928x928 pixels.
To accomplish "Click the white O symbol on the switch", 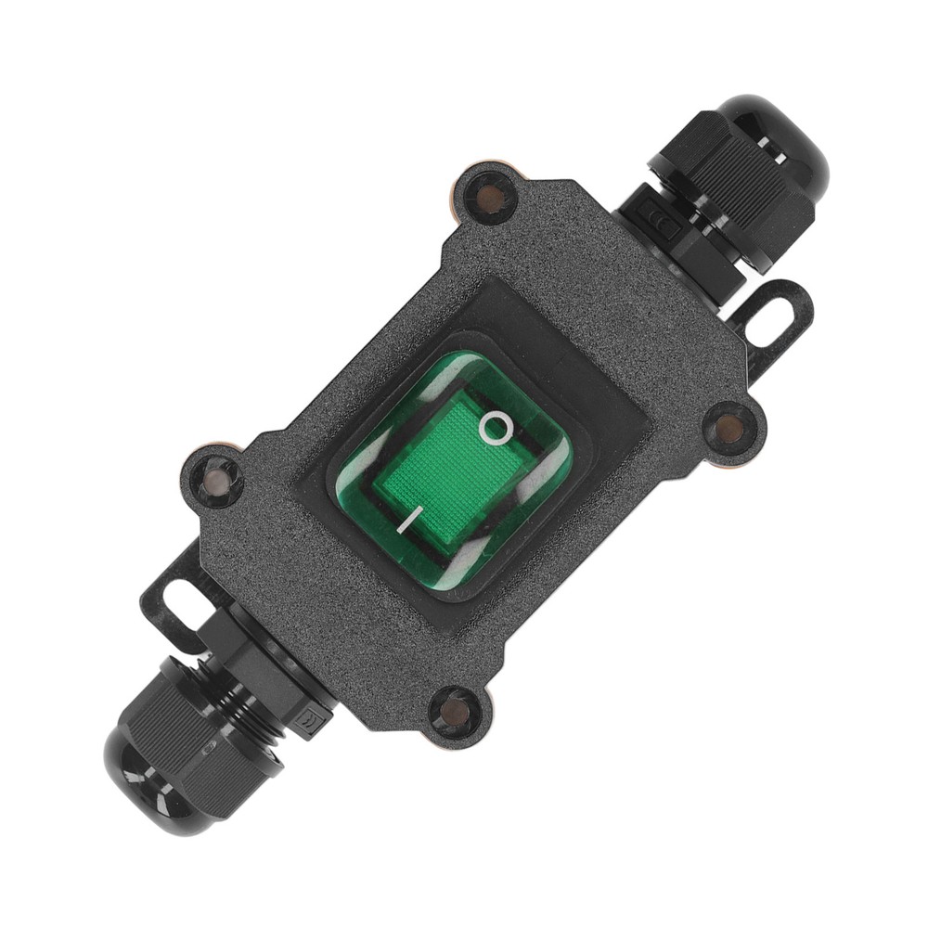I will point(496,428).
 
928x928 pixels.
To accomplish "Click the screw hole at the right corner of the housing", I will point(729,428).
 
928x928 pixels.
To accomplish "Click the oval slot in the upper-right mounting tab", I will point(770,318).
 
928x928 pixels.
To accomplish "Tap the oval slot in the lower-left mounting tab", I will point(174,606).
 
